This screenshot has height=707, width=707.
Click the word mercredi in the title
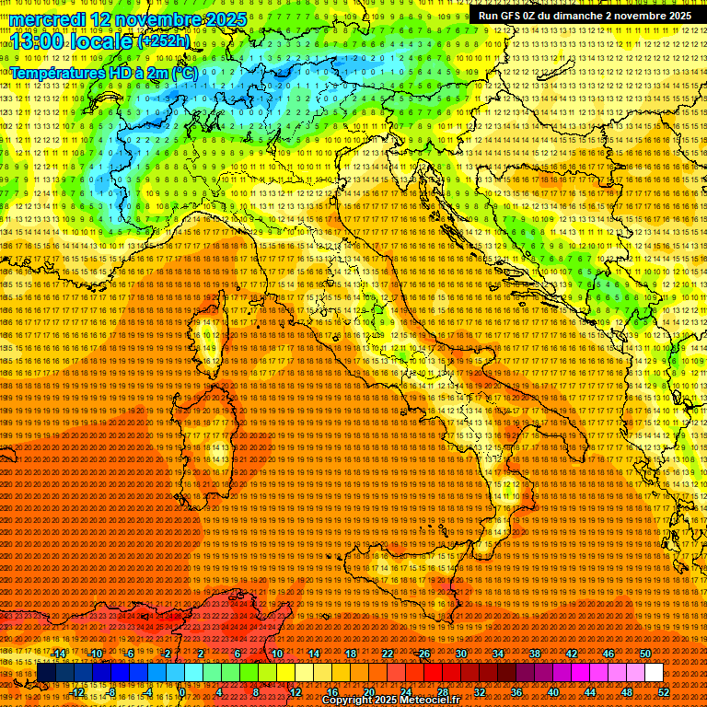pyautogui.click(x=48, y=19)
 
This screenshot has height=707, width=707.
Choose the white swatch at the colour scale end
pyautogui.click(x=654, y=673)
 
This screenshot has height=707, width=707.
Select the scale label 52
pyautogui.click(x=664, y=692)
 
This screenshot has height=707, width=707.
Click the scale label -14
pyautogui.click(x=59, y=654)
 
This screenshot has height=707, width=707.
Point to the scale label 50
pyautogui.click(x=645, y=654)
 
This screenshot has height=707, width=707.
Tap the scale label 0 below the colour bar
pyautogui.click(x=183, y=692)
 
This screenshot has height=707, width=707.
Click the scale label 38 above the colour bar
pyautogui.click(x=535, y=654)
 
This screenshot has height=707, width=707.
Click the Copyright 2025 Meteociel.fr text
pyautogui.click(x=397, y=701)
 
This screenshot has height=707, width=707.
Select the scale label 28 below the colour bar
pyautogui.click(x=442, y=692)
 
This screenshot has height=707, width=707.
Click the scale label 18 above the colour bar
pyautogui.click(x=350, y=654)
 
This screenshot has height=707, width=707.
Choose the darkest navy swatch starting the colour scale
pyautogui.click(x=46, y=673)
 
